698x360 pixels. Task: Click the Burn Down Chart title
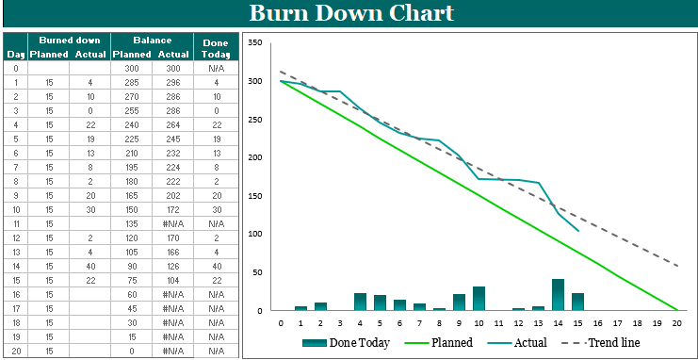point(350,13)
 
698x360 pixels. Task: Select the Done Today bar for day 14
point(558,294)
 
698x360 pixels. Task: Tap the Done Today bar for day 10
point(479,298)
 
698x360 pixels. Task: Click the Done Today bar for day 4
point(360,302)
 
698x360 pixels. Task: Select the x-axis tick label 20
point(676,323)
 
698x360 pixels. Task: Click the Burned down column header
point(69,41)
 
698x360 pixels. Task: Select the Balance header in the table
point(152,41)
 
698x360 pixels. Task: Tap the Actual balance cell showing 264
point(171,124)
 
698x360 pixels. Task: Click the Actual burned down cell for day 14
point(89,266)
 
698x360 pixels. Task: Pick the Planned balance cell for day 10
point(131,209)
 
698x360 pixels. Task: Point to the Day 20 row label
point(14,351)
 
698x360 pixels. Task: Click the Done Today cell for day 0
point(216,68)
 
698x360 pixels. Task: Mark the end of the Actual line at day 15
point(577,230)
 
